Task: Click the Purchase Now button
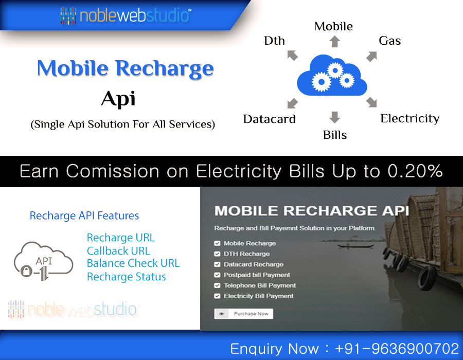244,314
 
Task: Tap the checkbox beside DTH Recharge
218,254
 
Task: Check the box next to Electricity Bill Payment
218,296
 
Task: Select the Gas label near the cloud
389,41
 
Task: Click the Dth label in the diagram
274,41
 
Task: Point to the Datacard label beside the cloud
269,119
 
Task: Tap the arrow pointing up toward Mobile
335,41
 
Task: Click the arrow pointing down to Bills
335,117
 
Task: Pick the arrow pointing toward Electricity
371,102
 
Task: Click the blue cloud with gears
332,77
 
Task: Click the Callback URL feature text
118,251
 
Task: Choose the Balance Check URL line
133,263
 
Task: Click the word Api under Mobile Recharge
118,98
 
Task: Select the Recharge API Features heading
84,216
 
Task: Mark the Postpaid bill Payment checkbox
218,275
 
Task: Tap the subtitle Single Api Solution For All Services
122,124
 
